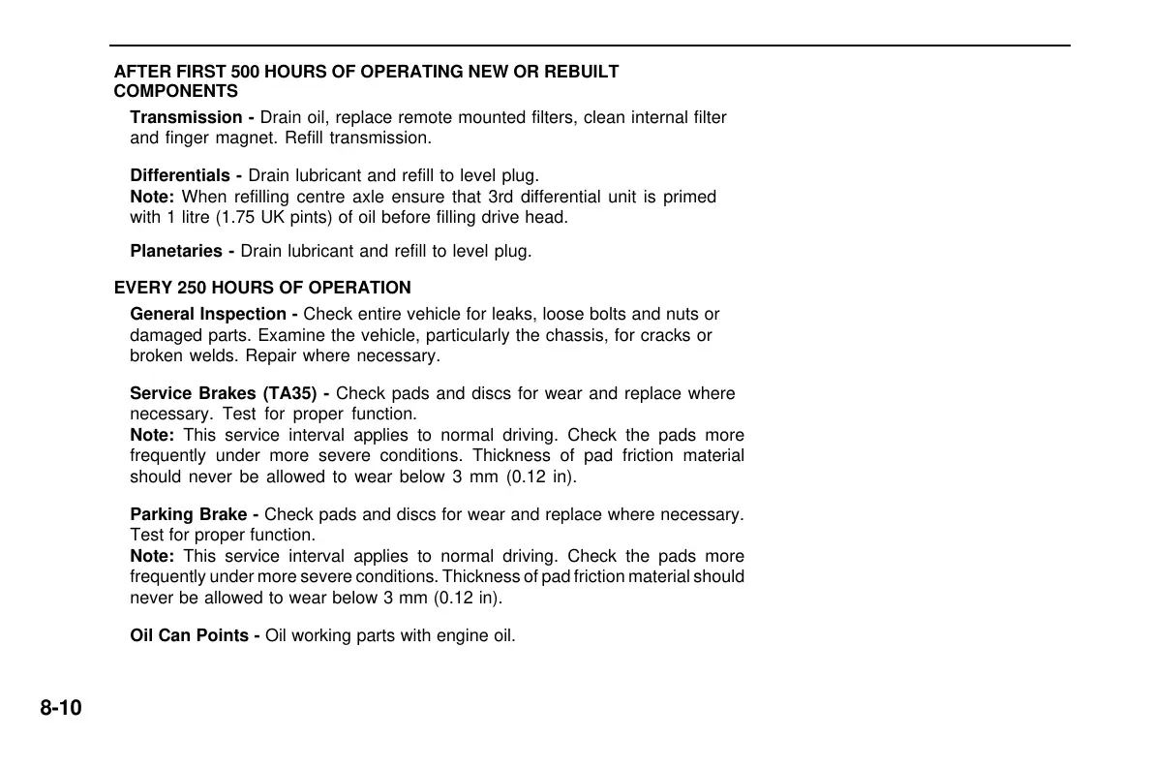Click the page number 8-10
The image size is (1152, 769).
tap(61, 708)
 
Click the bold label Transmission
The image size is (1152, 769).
tap(187, 117)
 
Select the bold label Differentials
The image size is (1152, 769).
tap(181, 176)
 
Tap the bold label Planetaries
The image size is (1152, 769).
tap(176, 251)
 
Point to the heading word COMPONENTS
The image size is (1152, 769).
tap(175, 92)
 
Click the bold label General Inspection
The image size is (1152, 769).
tap(208, 314)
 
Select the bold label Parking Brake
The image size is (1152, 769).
tap(189, 514)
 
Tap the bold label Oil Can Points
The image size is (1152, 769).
tap(190, 636)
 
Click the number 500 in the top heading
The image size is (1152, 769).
tap(246, 72)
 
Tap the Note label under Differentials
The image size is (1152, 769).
tap(152, 197)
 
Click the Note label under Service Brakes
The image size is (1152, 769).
tap(152, 435)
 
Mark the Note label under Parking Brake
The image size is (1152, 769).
tap(152, 556)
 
